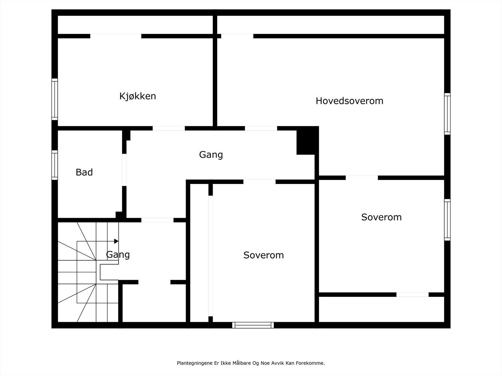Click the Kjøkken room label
click(x=138, y=96)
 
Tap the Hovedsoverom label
click(x=350, y=101)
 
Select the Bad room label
click(x=84, y=172)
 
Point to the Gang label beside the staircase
click(x=118, y=255)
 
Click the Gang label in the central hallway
click(x=211, y=155)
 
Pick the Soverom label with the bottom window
click(x=264, y=255)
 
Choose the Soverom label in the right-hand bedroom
click(x=381, y=217)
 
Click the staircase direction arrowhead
click(x=116, y=241)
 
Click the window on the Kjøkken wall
click(x=55, y=99)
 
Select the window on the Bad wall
click(x=55, y=165)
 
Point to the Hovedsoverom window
click(x=447, y=114)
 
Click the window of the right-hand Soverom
click(x=447, y=220)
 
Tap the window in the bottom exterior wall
click(x=253, y=325)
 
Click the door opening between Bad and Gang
click(x=124, y=170)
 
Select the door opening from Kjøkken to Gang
click(x=169, y=128)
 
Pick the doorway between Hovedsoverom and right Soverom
click(x=361, y=178)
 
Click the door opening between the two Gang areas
click(x=158, y=220)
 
